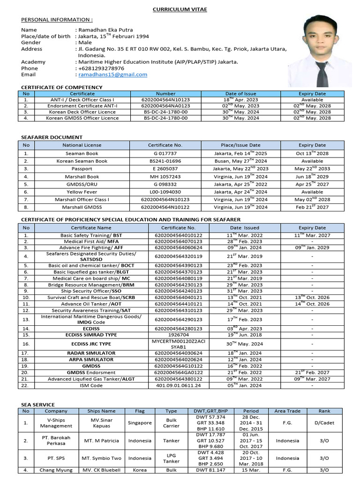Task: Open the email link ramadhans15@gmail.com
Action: click(112, 75)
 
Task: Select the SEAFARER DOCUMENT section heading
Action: click(52, 137)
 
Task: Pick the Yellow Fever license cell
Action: click(82, 192)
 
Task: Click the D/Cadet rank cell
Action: click(324, 423)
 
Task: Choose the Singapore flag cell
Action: click(140, 423)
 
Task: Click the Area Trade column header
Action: click(287, 411)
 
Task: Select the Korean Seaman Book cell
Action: click(82, 161)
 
